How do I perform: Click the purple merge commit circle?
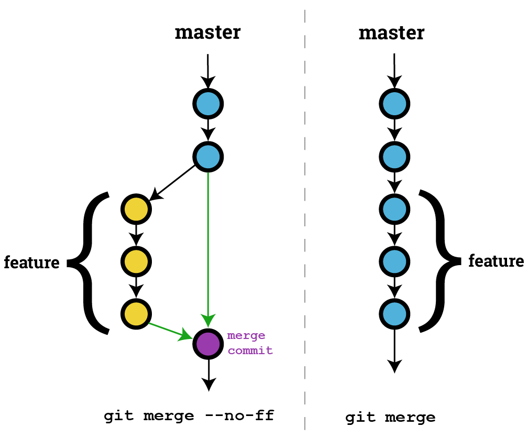point(208,344)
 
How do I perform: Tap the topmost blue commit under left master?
point(208,104)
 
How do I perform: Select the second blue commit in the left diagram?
point(208,156)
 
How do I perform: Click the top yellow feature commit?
point(136,210)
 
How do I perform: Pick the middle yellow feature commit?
point(136,261)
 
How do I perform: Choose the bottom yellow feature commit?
point(136,313)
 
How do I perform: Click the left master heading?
point(207,32)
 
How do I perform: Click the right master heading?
point(391,34)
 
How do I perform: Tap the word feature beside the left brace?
point(31,262)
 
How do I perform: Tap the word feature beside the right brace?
point(496,260)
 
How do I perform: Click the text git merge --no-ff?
point(189,417)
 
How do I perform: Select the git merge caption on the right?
point(390,418)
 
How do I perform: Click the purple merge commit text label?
point(249,343)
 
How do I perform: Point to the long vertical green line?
point(208,241)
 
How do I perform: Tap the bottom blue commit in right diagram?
point(394,313)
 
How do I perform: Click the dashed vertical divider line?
point(305,220)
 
